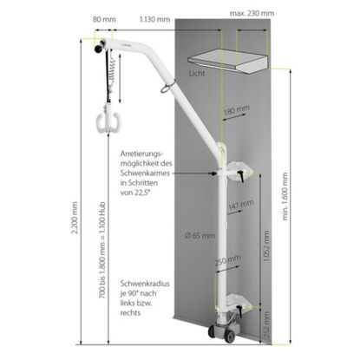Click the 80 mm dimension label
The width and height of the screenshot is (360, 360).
tap(104, 19)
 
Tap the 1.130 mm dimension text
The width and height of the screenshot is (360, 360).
tap(154, 19)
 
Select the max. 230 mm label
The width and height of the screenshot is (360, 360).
tap(252, 13)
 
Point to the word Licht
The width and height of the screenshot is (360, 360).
tap(197, 73)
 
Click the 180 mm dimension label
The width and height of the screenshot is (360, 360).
tap(237, 110)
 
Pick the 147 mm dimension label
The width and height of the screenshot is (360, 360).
tap(241, 205)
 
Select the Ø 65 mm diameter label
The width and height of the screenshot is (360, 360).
tap(200, 235)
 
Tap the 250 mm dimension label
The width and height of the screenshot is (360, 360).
tap(227, 261)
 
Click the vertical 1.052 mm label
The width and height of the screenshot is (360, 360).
tap(266, 246)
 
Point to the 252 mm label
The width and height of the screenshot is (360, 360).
tap(266, 325)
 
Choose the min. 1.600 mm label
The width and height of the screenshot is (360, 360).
tap(285, 196)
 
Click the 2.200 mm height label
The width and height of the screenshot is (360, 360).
tap(75, 218)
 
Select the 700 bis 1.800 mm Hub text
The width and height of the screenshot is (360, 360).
tap(102, 250)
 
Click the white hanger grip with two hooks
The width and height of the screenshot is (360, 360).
tap(108, 121)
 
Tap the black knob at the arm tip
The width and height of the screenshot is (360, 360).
tap(99, 48)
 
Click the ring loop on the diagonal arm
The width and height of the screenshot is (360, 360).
tap(167, 87)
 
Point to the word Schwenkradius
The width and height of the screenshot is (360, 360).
tap(145, 284)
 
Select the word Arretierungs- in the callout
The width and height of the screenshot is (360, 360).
tap(142, 154)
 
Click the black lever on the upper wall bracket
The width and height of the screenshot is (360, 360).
tap(241, 176)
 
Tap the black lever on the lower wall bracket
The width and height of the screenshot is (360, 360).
tap(240, 311)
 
